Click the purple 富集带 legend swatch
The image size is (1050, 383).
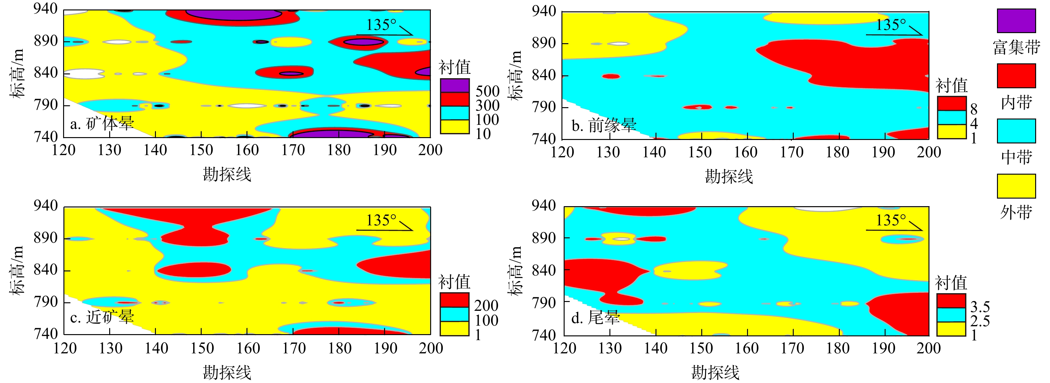1016,20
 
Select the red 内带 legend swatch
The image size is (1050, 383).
1016,76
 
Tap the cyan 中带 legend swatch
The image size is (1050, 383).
1016,131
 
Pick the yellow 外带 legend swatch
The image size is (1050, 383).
1016,186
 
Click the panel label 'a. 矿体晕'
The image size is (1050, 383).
102,123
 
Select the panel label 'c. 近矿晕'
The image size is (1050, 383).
102,317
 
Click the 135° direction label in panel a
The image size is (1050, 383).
381,25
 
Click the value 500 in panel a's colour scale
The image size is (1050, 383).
488,91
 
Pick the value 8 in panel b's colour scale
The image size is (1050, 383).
974,109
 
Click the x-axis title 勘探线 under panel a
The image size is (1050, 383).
227,175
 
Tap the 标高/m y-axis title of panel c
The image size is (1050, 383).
17,270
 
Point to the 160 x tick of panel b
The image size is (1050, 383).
745,153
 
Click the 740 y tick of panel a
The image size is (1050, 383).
46,137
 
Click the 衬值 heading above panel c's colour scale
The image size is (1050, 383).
454,281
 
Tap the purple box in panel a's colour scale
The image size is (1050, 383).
454,85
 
